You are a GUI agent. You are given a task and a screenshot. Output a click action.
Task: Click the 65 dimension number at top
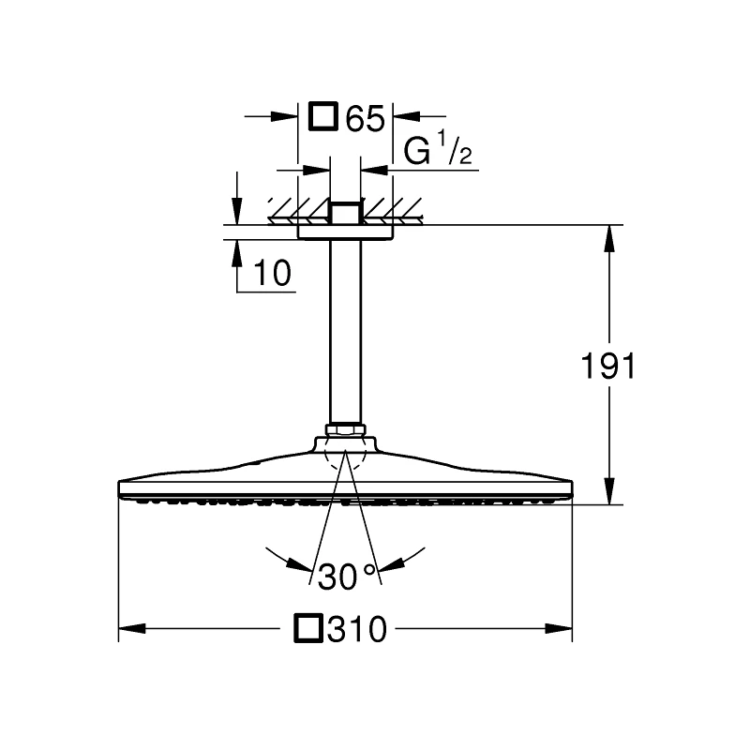[x=365, y=119]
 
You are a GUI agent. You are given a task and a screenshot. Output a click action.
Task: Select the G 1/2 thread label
[x=438, y=149]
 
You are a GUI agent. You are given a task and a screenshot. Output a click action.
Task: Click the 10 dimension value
[x=272, y=273]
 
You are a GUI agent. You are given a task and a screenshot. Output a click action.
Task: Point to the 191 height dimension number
[x=607, y=366]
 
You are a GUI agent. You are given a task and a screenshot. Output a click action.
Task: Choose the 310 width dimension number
[x=357, y=629]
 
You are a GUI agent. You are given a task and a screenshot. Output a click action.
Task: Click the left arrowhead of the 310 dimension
[x=132, y=628]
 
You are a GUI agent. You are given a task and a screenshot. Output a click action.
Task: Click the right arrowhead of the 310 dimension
[x=559, y=628]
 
